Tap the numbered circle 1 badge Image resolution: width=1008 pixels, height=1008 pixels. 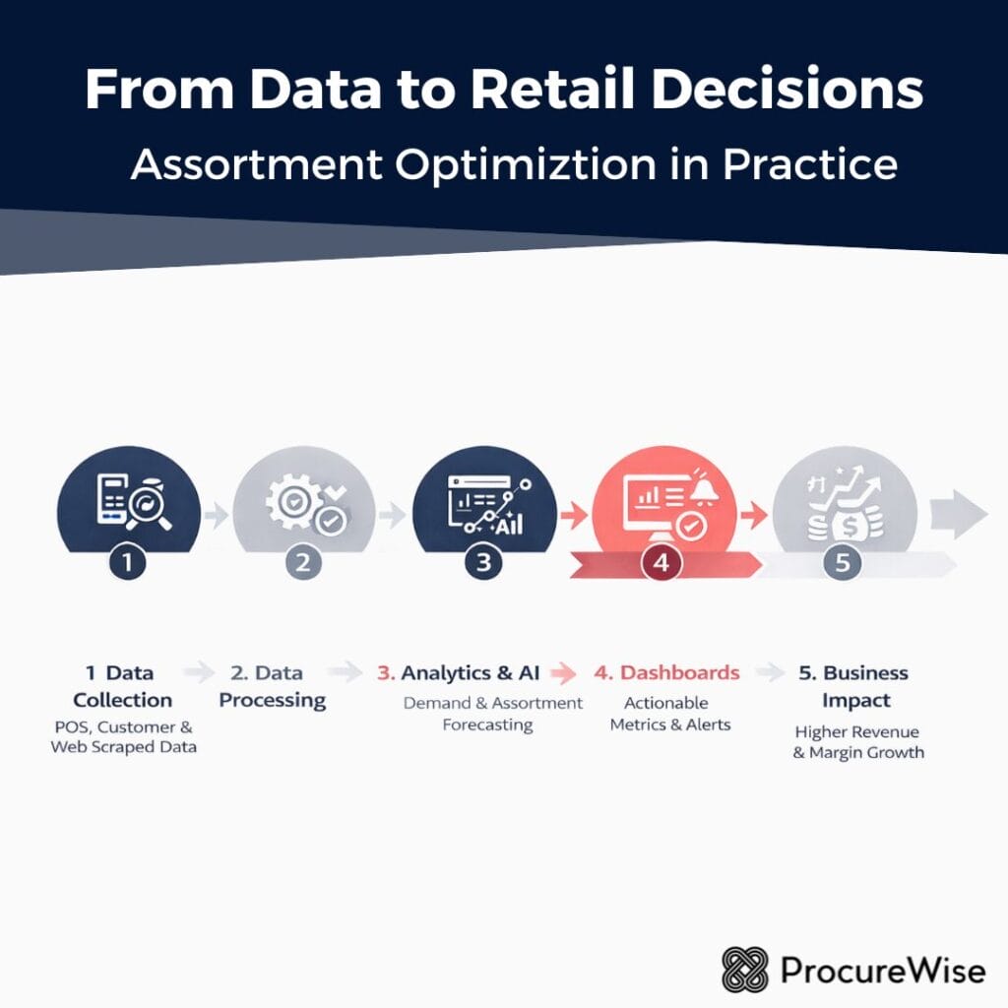[128, 563]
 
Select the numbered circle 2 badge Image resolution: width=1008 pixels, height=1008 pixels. [303, 563]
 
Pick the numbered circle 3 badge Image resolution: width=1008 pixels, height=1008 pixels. [482, 563]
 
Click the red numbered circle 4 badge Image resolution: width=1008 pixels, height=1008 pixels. [661, 564]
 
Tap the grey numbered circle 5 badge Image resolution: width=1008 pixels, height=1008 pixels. [842, 563]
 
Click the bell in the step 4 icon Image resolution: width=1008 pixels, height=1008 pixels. [705, 490]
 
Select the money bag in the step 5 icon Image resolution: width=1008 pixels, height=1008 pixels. [844, 523]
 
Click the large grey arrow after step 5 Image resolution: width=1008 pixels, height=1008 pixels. [958, 513]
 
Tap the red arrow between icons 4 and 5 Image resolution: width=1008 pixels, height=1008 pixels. [755, 513]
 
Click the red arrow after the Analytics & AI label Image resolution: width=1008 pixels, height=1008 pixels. [564, 673]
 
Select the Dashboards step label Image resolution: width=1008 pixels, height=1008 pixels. [666, 673]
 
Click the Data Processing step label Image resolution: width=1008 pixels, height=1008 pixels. [273, 686]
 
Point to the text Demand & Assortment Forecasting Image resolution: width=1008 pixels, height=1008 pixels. [493, 714]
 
